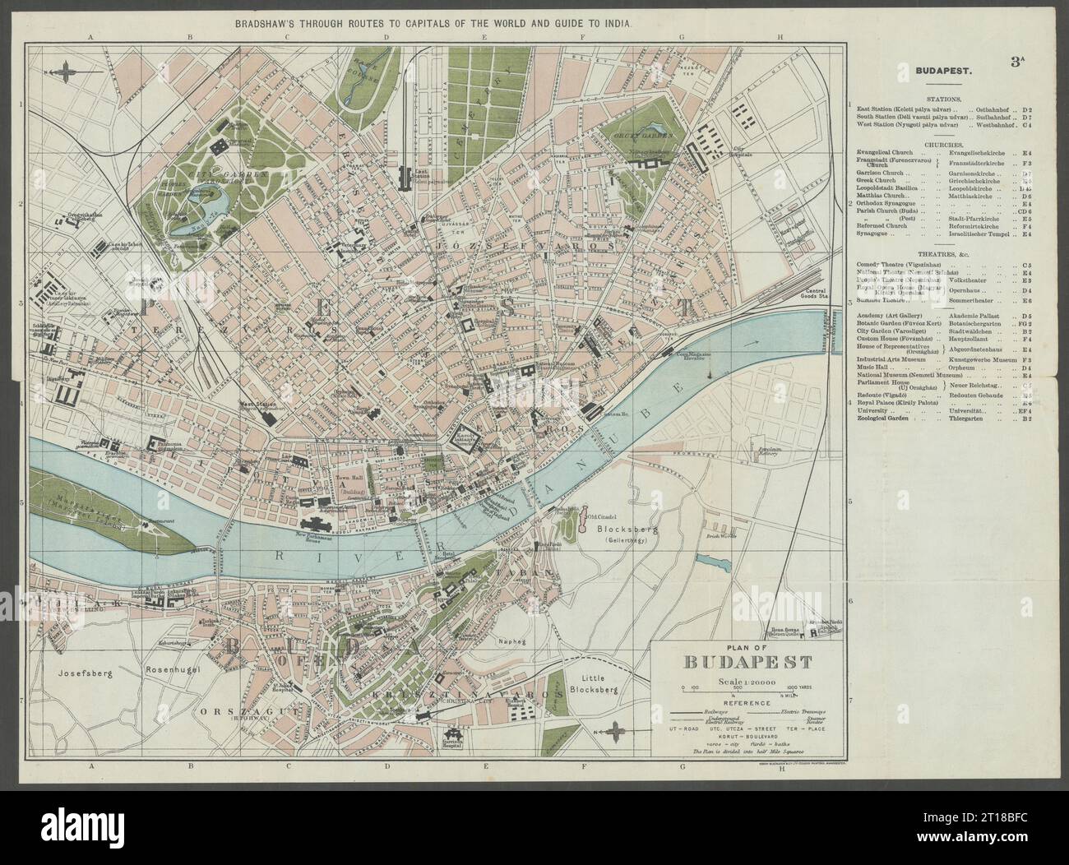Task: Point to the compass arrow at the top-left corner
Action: click(x=64, y=72)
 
